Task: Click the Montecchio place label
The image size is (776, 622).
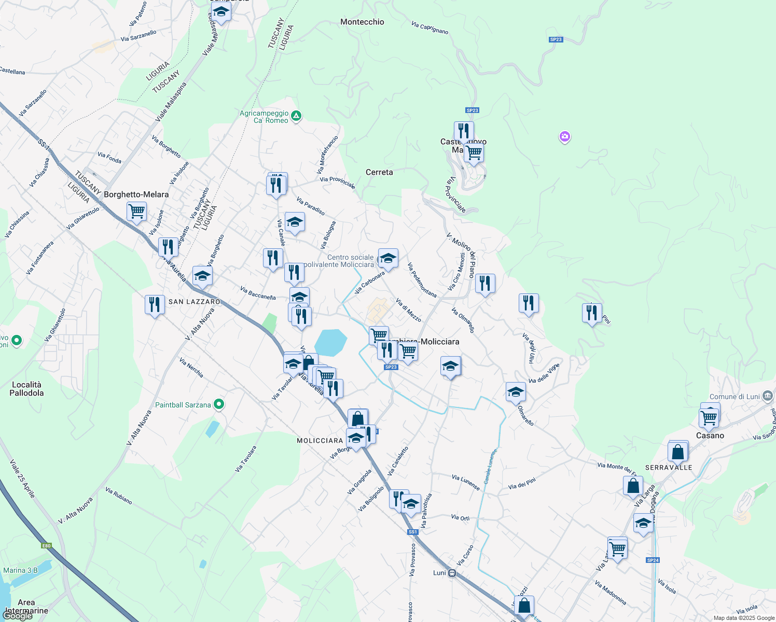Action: (362, 22)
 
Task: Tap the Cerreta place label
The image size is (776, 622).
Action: (379, 172)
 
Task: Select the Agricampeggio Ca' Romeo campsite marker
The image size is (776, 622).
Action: (296, 116)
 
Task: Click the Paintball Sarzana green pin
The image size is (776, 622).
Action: (219, 404)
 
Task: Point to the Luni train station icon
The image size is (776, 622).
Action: (452, 573)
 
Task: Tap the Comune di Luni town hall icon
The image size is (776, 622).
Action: (768, 397)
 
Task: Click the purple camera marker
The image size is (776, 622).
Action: (565, 137)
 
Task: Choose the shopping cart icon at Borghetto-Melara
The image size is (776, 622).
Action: (137, 210)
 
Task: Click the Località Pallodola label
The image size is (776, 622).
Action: (26, 389)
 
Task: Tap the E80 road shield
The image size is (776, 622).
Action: (47, 545)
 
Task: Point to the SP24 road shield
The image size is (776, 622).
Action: (653, 560)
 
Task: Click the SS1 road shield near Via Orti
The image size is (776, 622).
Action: (413, 532)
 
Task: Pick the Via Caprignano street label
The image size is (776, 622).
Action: (429, 27)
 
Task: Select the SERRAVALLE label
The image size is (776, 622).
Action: (669, 468)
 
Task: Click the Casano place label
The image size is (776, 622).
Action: (710, 435)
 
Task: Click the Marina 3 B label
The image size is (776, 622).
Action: (20, 570)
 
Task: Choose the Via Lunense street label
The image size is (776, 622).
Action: (465, 482)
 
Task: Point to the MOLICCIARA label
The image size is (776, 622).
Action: (320, 441)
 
